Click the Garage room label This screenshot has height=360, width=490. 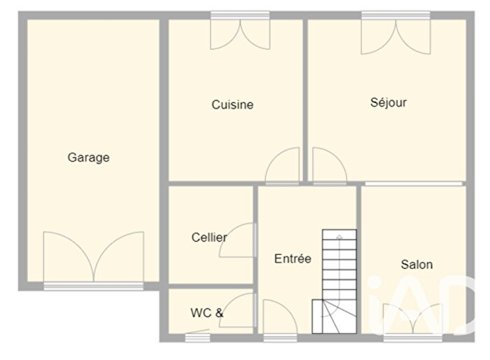coord(88,158)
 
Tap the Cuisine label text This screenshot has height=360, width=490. coord(232,105)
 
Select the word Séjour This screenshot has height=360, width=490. coord(388,102)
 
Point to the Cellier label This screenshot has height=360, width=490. coord(209,237)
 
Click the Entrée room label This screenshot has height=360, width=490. coord(293,258)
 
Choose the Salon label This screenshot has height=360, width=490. coord(416,265)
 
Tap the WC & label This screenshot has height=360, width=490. coord(206,313)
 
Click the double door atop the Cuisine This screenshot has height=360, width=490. coord(240,34)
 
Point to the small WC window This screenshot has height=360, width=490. coord(198,338)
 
